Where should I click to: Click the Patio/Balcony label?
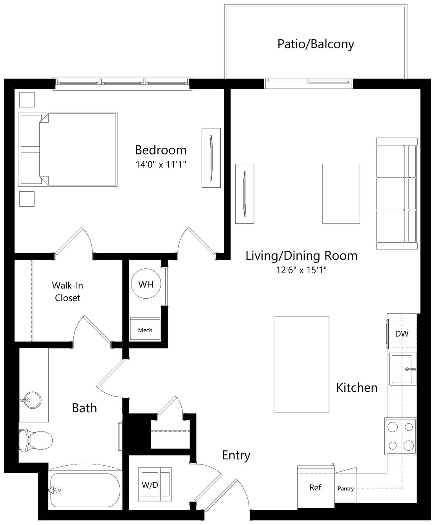(315, 44)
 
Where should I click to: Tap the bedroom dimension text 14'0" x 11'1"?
(161, 164)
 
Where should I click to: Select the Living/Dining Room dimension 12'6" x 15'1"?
(302, 270)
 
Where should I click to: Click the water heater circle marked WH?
(146, 284)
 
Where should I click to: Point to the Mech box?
(145, 329)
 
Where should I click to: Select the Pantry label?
(345, 488)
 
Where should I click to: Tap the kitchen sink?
(403, 369)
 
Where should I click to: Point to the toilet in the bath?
(36, 440)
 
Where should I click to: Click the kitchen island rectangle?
(302, 365)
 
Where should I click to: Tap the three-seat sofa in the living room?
(397, 194)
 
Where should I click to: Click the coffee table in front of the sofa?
(341, 194)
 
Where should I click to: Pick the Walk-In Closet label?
(68, 292)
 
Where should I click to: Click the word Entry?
(236, 455)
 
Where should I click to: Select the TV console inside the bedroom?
(211, 158)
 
